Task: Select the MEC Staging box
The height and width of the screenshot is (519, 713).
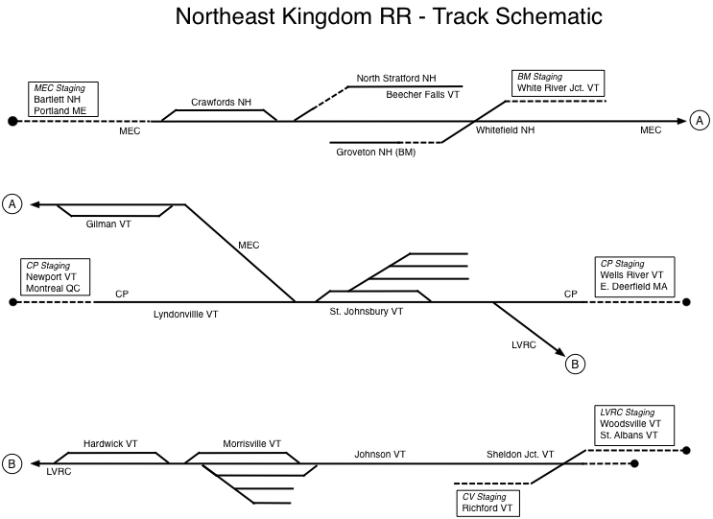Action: pyautogui.click(x=64, y=100)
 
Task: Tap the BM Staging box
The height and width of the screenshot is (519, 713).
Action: pyautogui.click(x=559, y=83)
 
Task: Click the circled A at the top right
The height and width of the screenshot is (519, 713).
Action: pyautogui.click(x=700, y=120)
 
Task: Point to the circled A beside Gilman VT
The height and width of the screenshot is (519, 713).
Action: pyautogui.click(x=13, y=203)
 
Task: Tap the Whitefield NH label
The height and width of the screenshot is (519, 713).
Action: pyautogui.click(x=505, y=130)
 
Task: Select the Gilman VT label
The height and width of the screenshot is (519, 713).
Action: pyautogui.click(x=107, y=224)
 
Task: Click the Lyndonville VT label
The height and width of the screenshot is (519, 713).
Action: pyautogui.click(x=186, y=314)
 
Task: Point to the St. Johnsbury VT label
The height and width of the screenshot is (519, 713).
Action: pyautogui.click(x=367, y=313)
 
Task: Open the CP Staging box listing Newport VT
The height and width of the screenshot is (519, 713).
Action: pyautogui.click(x=55, y=277)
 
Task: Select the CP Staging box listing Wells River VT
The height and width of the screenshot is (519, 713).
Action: pyautogui.click(x=633, y=275)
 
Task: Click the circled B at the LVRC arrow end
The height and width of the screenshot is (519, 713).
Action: pyautogui.click(x=574, y=363)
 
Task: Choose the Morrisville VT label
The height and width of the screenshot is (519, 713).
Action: pyautogui.click(x=251, y=444)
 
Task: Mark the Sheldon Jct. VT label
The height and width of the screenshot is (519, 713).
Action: pyautogui.click(x=520, y=454)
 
